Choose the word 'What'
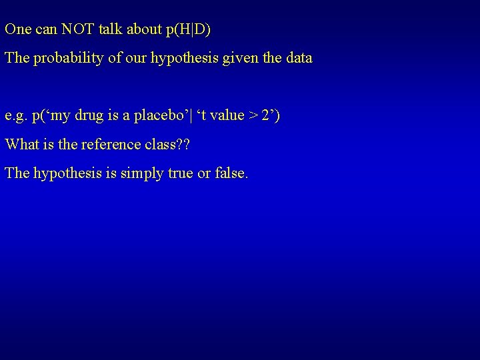click(20, 144)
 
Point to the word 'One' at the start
click(16, 29)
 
